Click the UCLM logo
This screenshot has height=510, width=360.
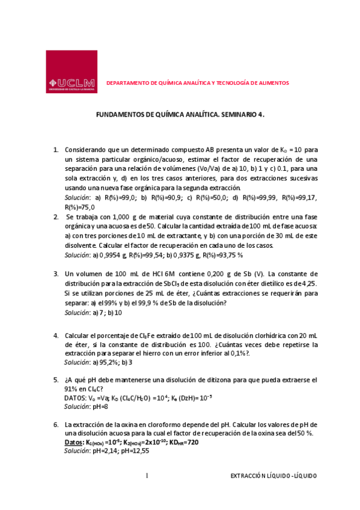(x=72, y=72)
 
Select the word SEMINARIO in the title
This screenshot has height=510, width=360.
(x=238, y=113)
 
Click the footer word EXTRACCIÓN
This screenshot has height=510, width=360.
(x=249, y=476)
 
